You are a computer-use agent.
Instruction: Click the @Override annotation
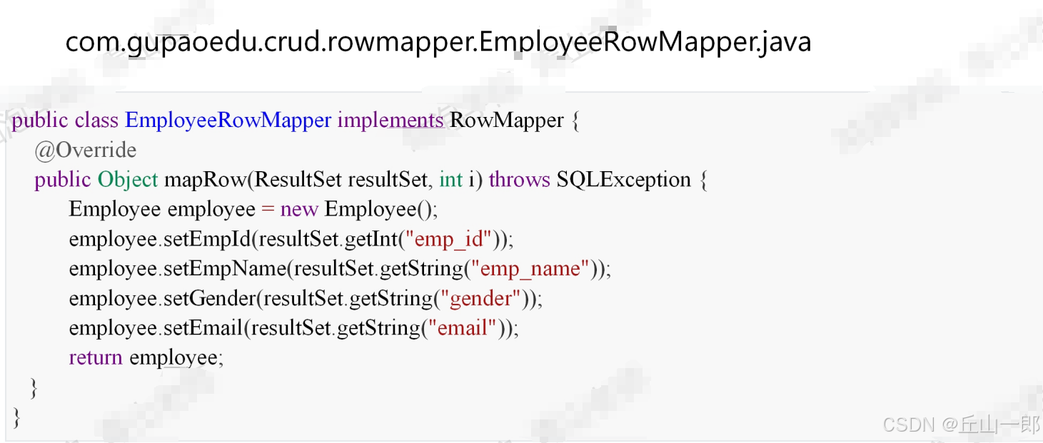tap(86, 150)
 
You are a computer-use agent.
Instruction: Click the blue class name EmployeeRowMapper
tap(228, 120)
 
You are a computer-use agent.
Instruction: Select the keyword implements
tap(390, 120)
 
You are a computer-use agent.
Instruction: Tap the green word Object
tap(128, 179)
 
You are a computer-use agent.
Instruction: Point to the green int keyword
tap(451, 179)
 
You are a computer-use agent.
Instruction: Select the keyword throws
tap(519, 179)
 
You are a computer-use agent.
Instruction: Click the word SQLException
tap(623, 179)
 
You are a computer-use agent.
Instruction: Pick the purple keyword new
tap(299, 209)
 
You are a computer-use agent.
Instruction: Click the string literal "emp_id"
tap(449, 239)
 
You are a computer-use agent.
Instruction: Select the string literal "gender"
tap(479, 298)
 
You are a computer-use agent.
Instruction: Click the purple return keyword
tap(96, 357)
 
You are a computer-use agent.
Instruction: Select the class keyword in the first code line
tap(96, 120)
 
